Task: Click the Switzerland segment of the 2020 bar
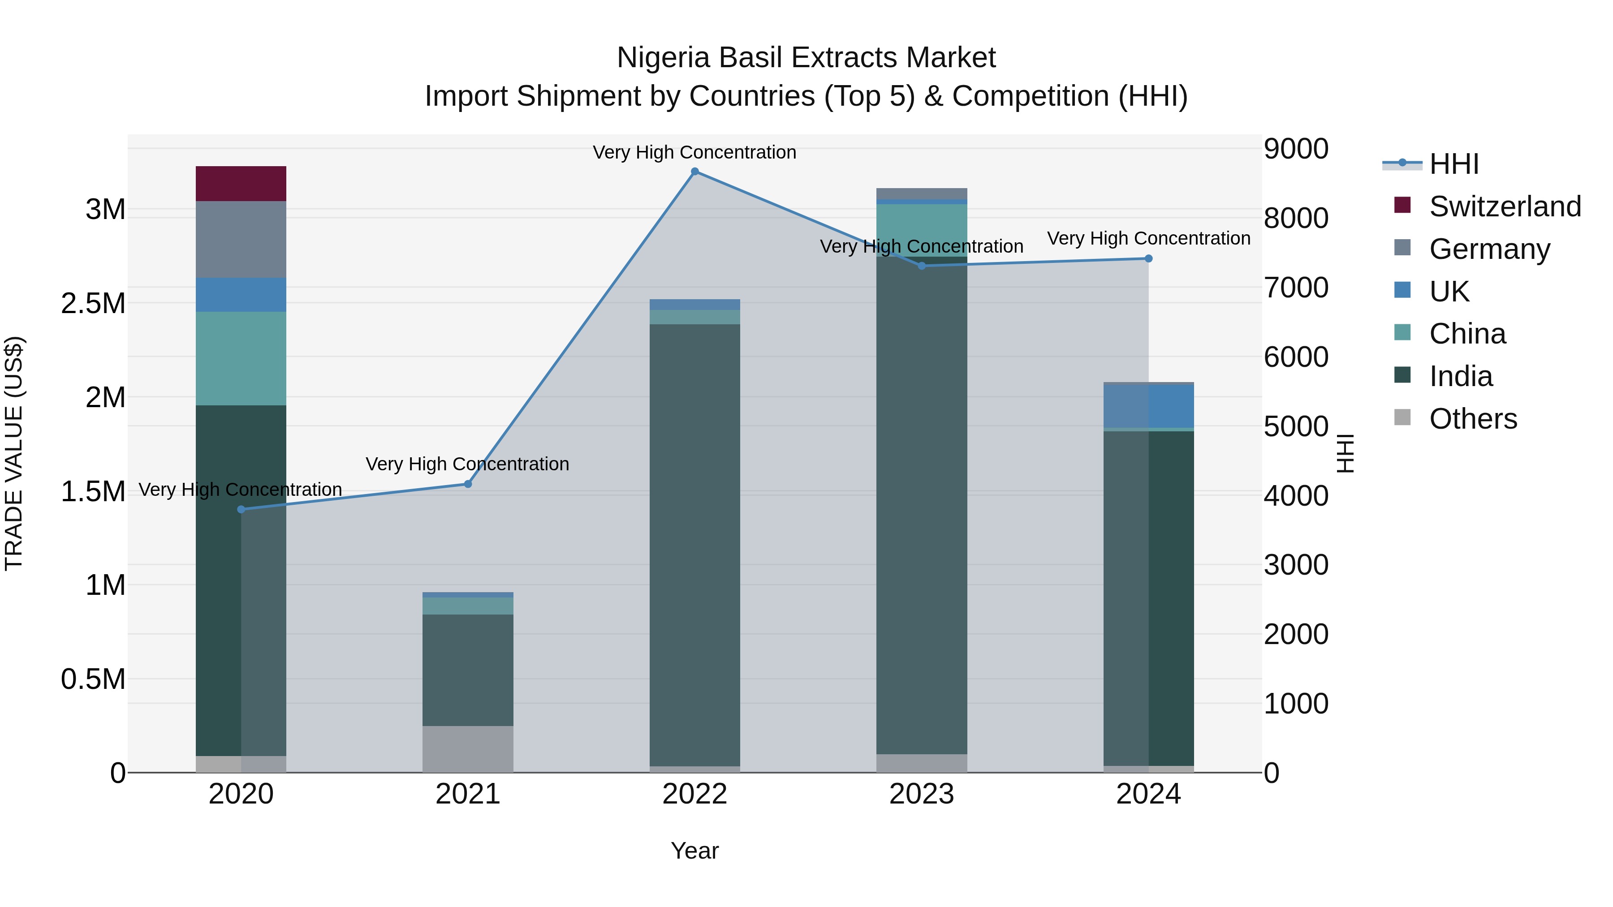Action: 241,183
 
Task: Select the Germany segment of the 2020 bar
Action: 241,239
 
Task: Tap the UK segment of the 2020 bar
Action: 241,295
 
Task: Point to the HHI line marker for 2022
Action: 694,172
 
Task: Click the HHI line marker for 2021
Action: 468,484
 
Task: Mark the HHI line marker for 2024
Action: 1148,258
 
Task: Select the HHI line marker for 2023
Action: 921,266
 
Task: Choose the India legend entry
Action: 1461,376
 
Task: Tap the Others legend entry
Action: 1473,419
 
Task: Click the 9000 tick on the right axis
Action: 1295,149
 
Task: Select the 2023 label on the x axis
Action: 921,794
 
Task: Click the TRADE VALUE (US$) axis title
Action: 14,453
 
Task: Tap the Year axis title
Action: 694,851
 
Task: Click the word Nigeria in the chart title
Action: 663,58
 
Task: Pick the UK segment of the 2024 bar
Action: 1148,406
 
